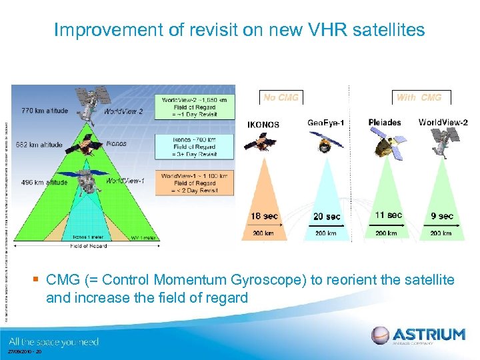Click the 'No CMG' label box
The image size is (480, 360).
[281, 97]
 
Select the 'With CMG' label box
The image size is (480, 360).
[419, 97]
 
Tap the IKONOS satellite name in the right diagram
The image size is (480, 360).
[263, 124]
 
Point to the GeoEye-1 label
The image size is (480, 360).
[326, 123]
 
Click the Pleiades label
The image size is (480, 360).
[385, 123]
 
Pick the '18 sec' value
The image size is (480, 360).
[265, 216]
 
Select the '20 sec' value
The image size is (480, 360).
[326, 216]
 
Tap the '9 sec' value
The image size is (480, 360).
[442, 216]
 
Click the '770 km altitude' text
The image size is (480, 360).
[45, 111]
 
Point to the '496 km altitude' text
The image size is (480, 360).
[45, 182]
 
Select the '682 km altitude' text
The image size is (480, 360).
[39, 145]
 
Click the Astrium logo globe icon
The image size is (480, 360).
[380, 335]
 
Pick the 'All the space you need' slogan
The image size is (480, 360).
[54, 341]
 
